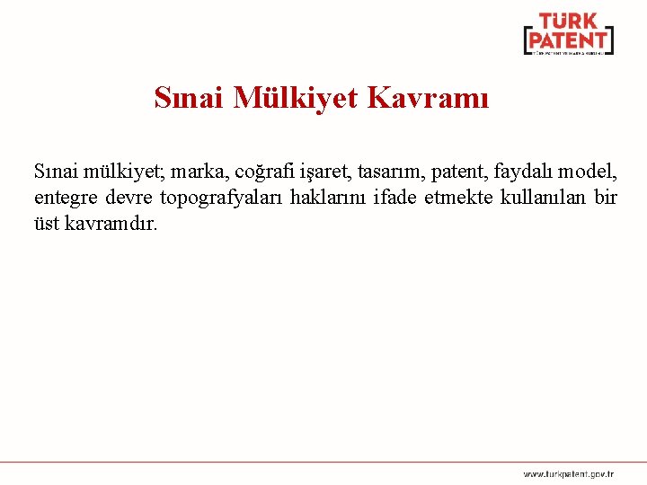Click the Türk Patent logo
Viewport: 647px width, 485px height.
(x=568, y=35)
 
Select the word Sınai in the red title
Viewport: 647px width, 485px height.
(x=190, y=97)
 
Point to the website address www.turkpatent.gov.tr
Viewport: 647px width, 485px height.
(x=569, y=472)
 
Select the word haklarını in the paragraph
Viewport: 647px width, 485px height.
(x=329, y=196)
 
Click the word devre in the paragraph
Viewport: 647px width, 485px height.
(x=129, y=196)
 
